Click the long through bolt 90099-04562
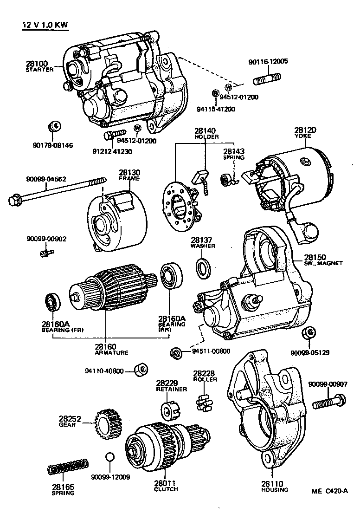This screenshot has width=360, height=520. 56,192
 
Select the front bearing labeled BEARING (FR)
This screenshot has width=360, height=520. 51,302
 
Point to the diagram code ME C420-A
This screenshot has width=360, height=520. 329,491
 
